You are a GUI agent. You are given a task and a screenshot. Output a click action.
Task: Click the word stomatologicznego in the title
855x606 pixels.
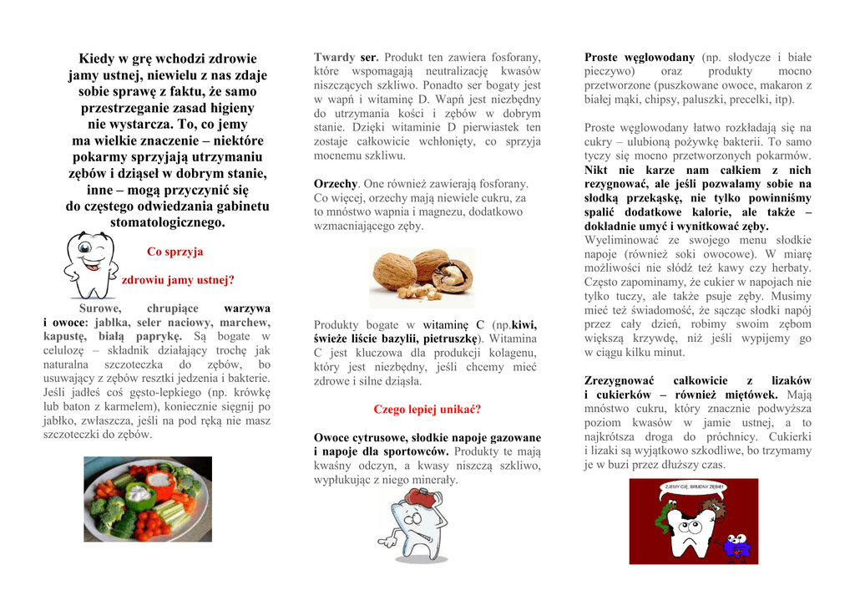(167, 223)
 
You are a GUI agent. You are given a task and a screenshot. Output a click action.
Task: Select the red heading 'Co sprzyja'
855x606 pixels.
(175, 252)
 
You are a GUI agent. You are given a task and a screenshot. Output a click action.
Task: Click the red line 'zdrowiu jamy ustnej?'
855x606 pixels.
(178, 280)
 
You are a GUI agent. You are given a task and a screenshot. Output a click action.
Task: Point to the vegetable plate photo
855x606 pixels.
(147, 499)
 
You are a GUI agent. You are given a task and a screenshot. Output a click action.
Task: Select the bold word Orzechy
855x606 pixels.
(336, 183)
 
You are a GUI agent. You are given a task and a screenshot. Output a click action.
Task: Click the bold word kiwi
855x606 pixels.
(524, 324)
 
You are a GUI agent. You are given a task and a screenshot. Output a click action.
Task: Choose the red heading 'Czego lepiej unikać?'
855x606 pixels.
(427, 410)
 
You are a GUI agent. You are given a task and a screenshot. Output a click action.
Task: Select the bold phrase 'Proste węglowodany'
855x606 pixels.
(639, 57)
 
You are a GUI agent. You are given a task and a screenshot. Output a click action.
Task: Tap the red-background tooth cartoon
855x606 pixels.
(693, 522)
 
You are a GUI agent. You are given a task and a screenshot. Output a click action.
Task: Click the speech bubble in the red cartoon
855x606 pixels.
(694, 486)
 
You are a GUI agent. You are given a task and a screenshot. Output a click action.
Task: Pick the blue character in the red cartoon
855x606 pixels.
(736, 547)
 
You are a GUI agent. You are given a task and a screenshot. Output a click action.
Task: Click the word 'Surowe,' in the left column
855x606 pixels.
(100, 308)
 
